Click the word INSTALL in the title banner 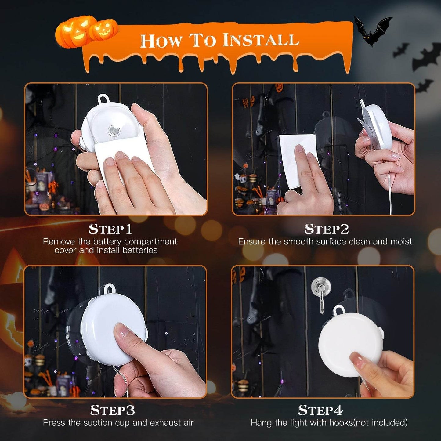coord(260,41)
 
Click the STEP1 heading coord(110,229)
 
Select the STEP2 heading coord(327,229)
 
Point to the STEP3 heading coord(112,410)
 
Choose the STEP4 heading coord(320,410)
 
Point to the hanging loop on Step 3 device coord(109,289)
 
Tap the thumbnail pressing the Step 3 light coord(121,330)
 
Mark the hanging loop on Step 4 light coord(339,311)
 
